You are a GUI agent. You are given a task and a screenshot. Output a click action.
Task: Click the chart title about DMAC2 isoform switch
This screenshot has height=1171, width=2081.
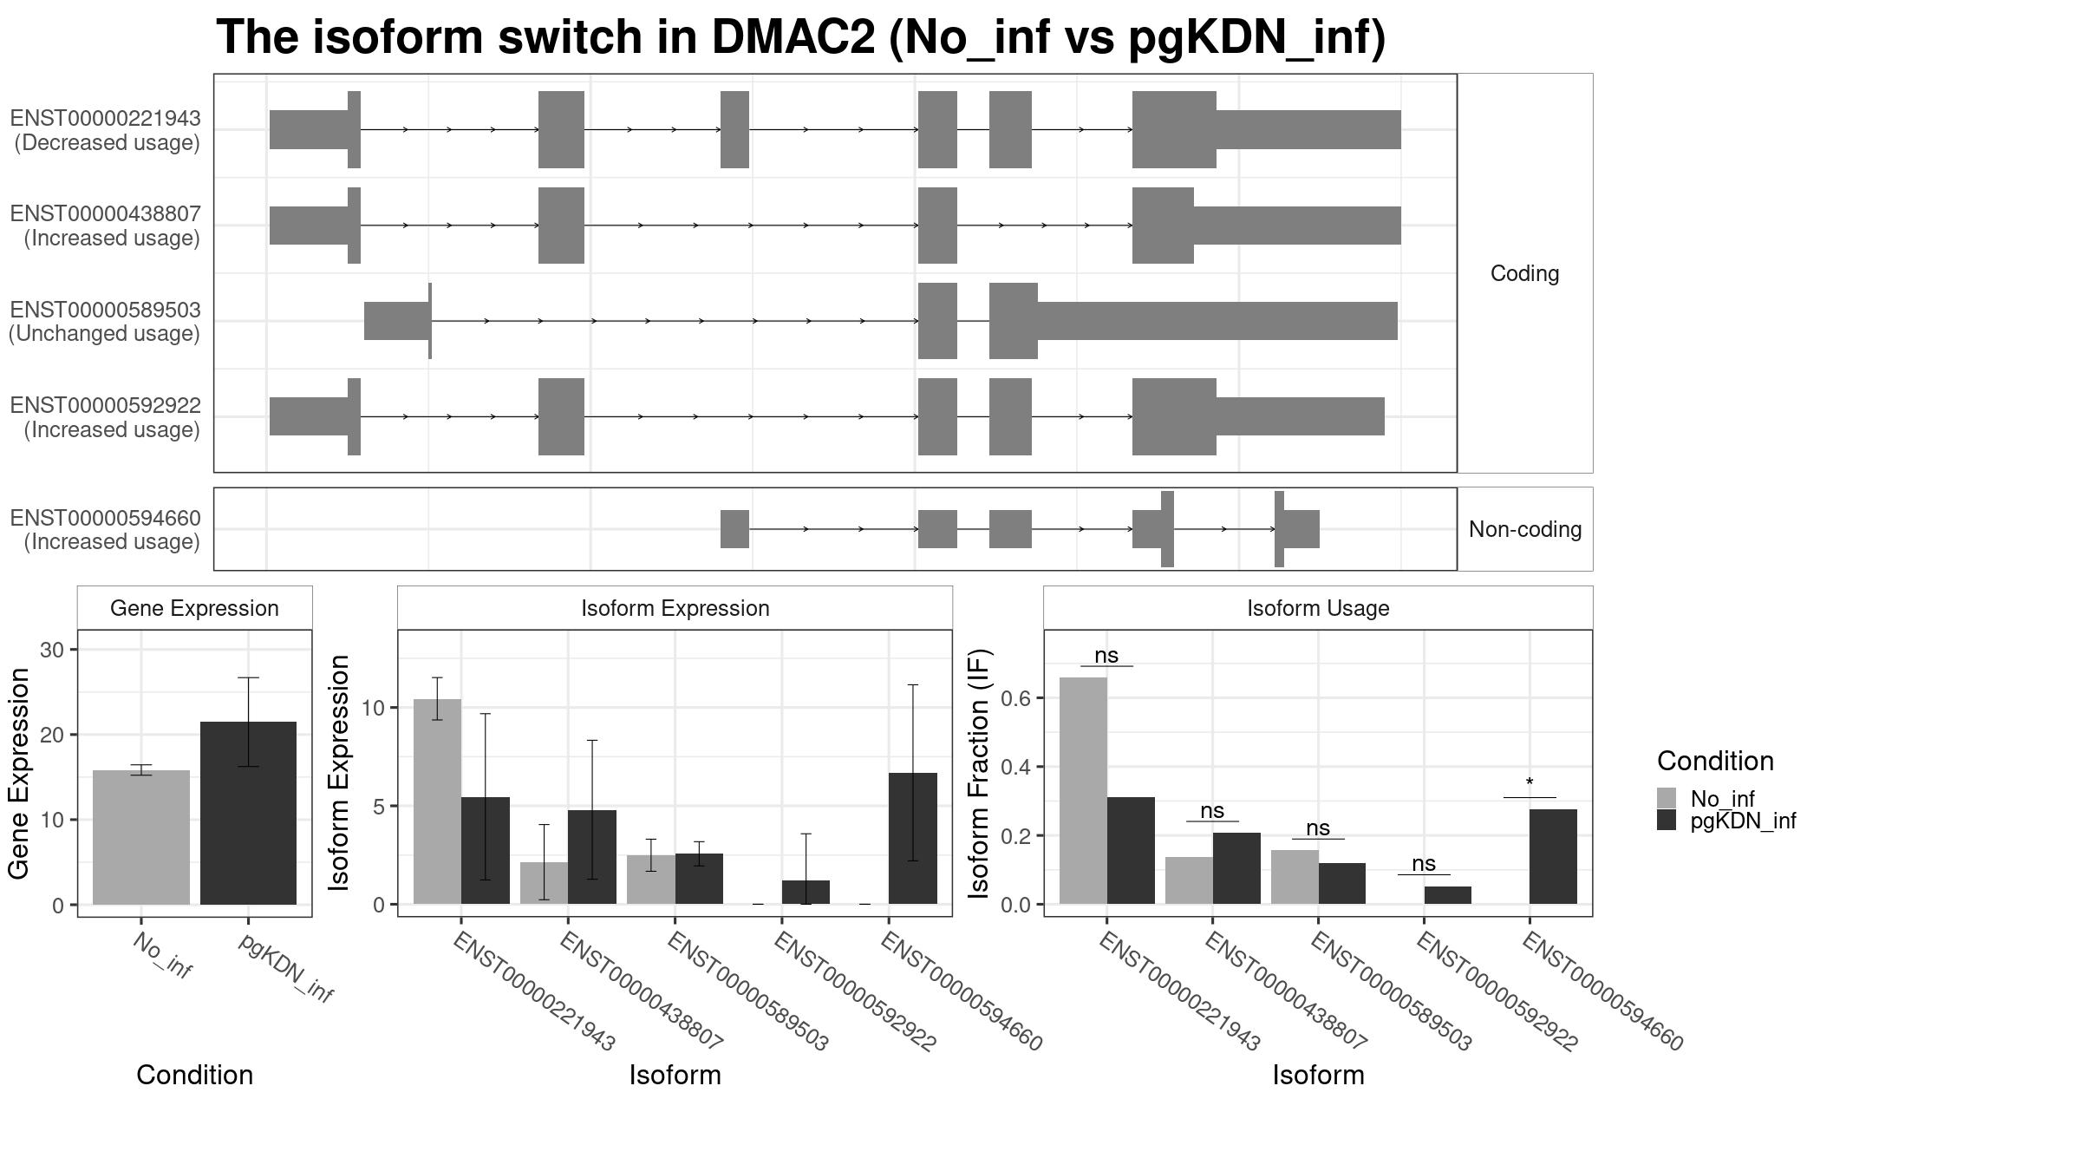(x=800, y=37)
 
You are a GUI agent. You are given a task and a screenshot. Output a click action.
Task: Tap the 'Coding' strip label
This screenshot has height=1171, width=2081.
(x=1524, y=273)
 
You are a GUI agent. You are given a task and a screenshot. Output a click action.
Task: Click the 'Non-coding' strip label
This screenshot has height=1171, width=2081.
(x=1524, y=529)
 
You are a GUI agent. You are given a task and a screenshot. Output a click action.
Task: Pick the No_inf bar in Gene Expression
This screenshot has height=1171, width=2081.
(x=141, y=837)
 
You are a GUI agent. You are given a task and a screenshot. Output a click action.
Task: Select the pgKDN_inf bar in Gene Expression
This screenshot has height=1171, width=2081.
(x=248, y=813)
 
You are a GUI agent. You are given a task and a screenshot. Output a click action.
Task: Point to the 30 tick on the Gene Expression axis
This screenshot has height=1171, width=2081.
(x=52, y=650)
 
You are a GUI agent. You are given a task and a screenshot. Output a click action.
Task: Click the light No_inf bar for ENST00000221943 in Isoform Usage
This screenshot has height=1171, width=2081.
(x=1083, y=790)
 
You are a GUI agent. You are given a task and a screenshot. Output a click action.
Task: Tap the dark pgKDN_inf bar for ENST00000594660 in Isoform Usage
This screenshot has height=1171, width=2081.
(x=1553, y=856)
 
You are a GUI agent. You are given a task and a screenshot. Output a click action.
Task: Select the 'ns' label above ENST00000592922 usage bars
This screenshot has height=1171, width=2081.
(x=1424, y=863)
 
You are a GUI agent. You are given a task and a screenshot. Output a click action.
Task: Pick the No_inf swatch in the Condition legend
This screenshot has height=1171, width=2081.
(x=1667, y=798)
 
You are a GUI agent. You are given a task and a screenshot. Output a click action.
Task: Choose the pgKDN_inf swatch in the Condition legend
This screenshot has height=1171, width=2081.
(x=1667, y=820)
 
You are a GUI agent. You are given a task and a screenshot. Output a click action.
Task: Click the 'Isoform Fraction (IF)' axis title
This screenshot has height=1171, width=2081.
(x=979, y=773)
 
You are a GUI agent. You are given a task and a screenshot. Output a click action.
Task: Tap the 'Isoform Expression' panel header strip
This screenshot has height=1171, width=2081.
(x=675, y=608)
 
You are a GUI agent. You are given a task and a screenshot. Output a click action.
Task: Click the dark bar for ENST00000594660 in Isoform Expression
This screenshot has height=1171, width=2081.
(x=913, y=838)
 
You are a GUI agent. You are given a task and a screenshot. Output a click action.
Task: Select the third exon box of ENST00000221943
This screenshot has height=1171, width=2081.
(x=734, y=129)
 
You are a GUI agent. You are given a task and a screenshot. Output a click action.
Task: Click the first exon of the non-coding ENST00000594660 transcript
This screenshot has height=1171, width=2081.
(x=734, y=529)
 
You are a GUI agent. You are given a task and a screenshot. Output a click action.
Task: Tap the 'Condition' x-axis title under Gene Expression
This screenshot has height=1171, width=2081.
(x=195, y=1075)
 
